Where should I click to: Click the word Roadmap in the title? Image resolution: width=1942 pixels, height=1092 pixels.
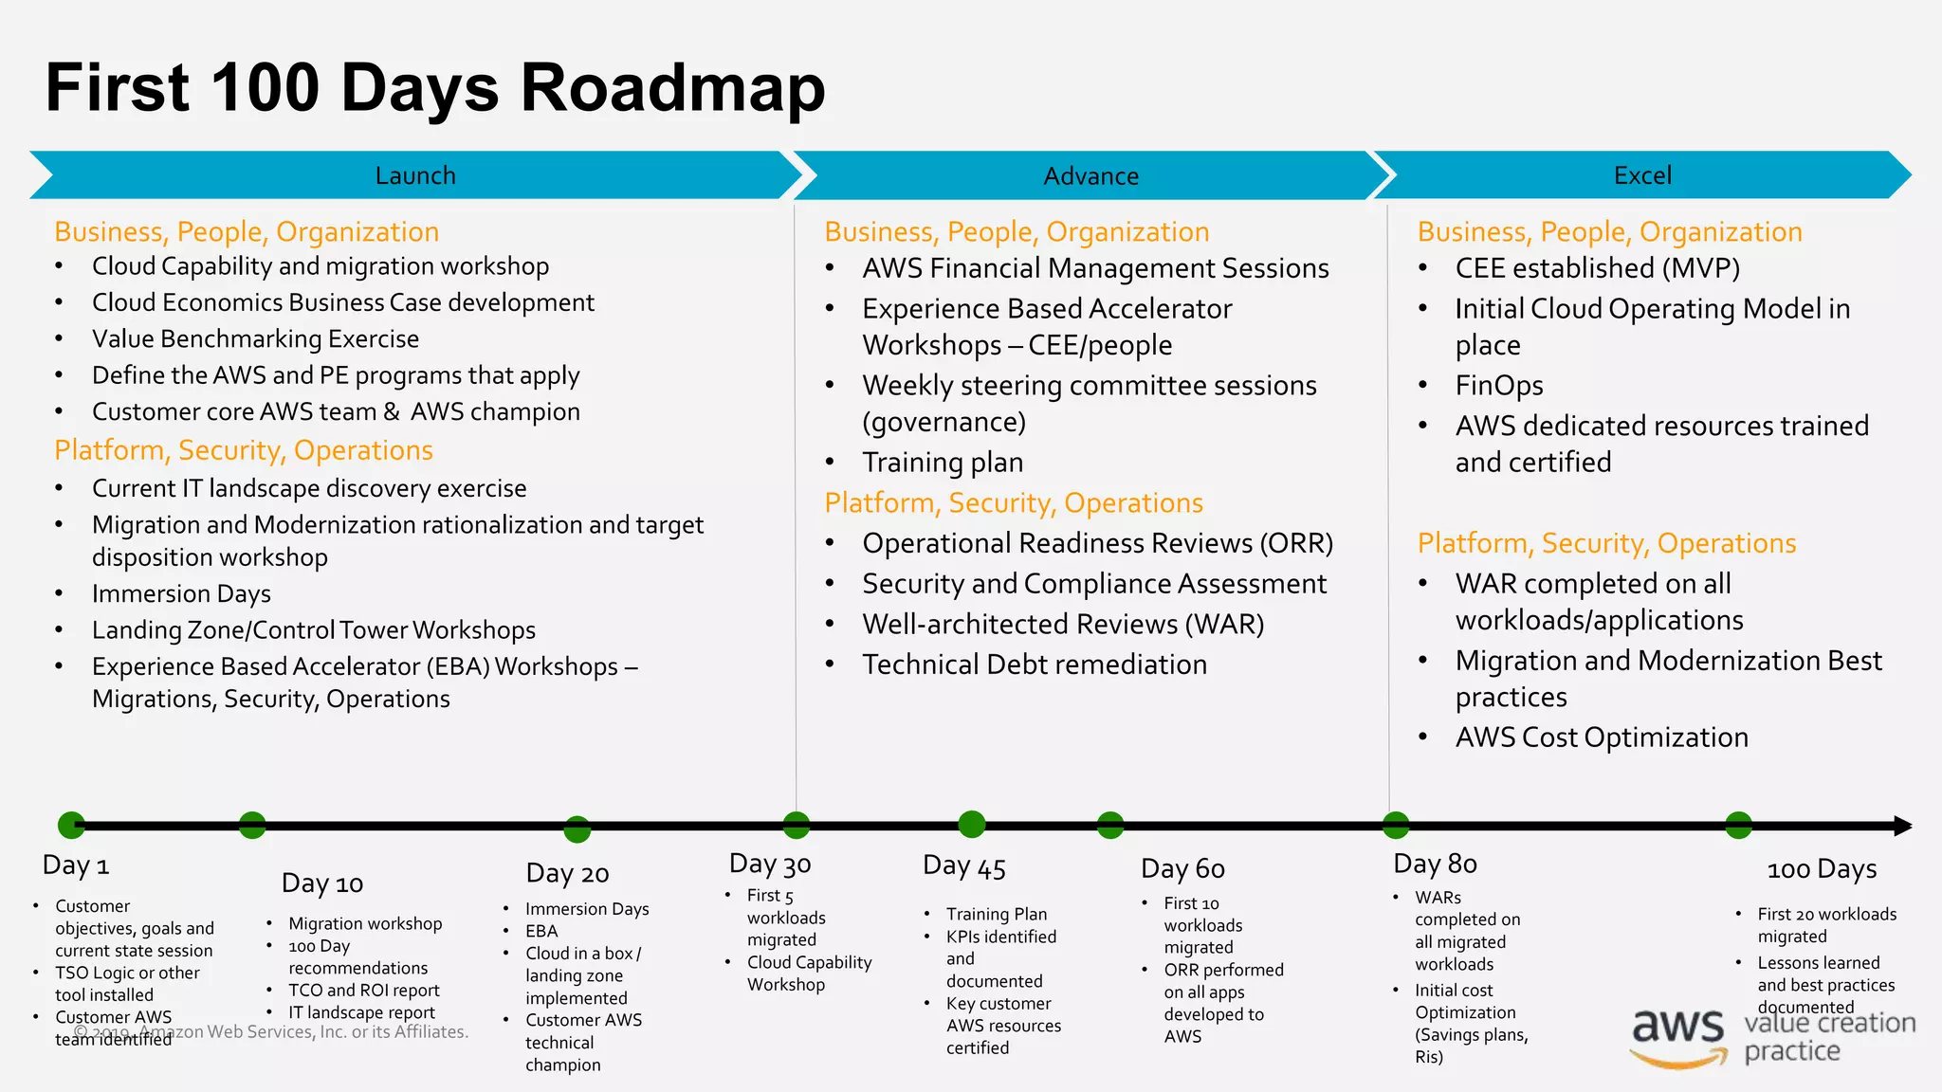(x=672, y=89)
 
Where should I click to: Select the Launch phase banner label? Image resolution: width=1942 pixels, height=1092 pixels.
(x=415, y=175)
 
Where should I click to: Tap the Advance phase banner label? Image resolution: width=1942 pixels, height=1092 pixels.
(x=1090, y=175)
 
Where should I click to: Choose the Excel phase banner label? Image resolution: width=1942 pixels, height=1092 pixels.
(x=1642, y=175)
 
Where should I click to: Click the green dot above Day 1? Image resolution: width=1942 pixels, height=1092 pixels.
(x=72, y=826)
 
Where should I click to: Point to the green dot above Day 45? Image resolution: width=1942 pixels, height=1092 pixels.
(x=972, y=825)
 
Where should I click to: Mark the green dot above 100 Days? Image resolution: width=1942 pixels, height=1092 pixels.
(x=1738, y=825)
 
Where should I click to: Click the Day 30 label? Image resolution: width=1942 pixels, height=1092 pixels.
(x=770, y=864)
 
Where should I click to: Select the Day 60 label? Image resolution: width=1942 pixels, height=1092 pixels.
(x=1182, y=868)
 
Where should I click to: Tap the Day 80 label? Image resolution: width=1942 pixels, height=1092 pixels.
(x=1435, y=864)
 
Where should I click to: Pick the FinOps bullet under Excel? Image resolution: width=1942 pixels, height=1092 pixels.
(x=1498, y=386)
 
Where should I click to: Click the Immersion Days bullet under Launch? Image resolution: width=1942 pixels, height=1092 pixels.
(x=181, y=594)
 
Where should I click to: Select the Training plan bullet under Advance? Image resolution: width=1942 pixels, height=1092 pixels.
(x=943, y=463)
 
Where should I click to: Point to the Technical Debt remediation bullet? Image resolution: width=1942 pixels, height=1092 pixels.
(x=1035, y=664)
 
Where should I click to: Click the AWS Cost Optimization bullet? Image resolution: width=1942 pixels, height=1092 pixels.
(x=1602, y=737)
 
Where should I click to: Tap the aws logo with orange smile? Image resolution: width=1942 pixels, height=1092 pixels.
(x=1678, y=1035)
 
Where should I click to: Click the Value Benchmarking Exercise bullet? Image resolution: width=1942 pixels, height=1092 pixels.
(x=255, y=339)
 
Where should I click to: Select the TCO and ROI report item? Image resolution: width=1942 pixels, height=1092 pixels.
(x=364, y=990)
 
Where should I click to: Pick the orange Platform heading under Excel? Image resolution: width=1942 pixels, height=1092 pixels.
(x=1606, y=543)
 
